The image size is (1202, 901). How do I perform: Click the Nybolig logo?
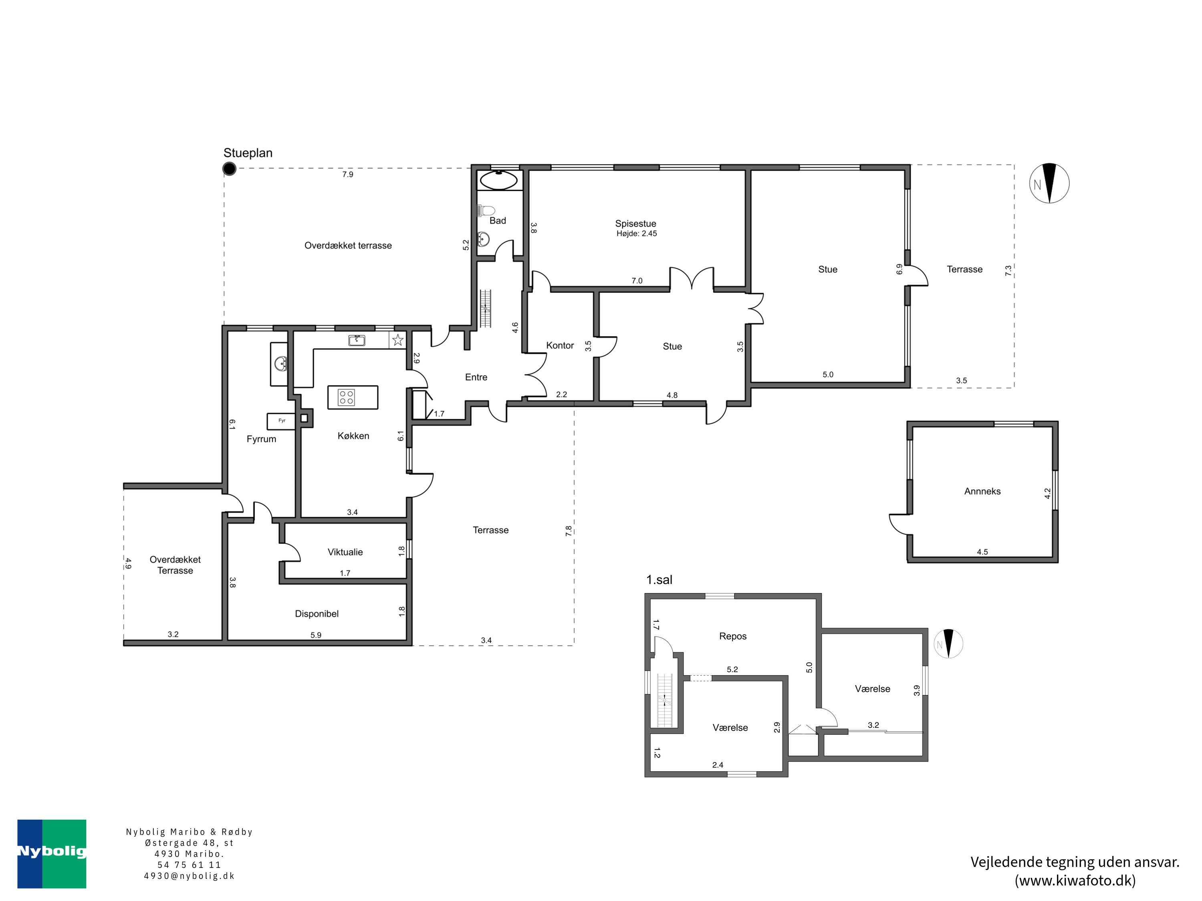coord(52,854)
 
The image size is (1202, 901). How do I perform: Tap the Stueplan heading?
coord(248,153)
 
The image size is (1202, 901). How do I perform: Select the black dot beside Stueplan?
coord(229,169)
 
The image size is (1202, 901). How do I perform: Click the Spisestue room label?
coord(635,224)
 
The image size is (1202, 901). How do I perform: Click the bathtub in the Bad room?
coord(499,180)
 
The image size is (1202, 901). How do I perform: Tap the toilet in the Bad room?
coord(486,210)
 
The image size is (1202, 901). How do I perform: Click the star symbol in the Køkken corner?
coord(398,340)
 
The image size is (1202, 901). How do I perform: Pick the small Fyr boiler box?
coord(281,421)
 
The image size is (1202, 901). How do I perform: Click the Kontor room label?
coord(560,346)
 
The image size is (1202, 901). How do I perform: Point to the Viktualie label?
coord(345,552)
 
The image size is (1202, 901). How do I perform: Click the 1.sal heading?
coord(659,580)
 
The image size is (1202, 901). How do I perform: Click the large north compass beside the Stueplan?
coord(1049,183)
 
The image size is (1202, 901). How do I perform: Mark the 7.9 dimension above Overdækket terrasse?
coord(348,174)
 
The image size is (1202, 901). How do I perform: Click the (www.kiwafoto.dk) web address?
coord(1075,880)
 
